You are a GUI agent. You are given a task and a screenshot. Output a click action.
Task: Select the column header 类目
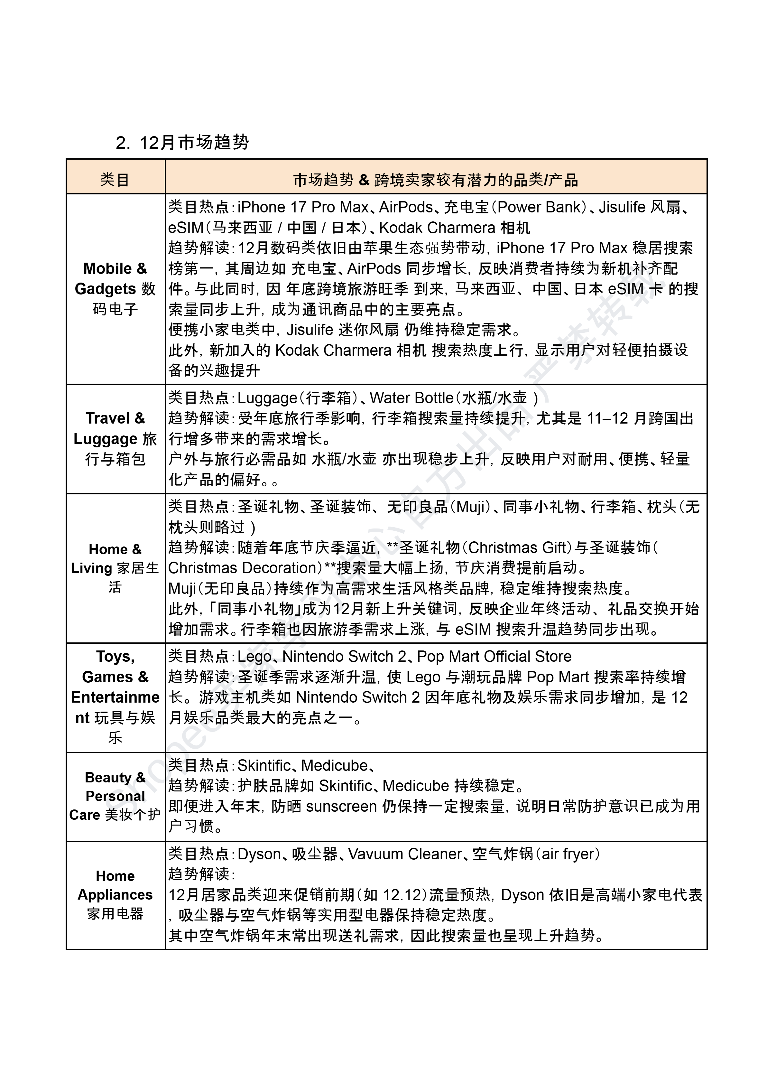coord(115,180)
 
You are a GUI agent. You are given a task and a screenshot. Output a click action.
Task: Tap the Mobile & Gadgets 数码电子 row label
coord(115,289)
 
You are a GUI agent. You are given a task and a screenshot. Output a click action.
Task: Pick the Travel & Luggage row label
coord(115,438)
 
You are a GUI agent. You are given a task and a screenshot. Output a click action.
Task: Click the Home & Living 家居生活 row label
coord(115,568)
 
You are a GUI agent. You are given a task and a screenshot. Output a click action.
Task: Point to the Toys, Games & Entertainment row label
coord(115,697)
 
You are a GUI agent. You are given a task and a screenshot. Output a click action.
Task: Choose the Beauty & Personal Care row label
coord(115,796)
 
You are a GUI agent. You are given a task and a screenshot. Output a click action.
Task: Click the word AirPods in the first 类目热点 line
coord(406,207)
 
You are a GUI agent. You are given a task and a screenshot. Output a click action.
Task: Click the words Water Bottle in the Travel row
coord(411,398)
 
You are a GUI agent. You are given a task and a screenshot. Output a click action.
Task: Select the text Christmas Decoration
coord(242,568)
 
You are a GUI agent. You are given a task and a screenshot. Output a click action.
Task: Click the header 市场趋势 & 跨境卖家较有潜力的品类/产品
coord(435,180)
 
